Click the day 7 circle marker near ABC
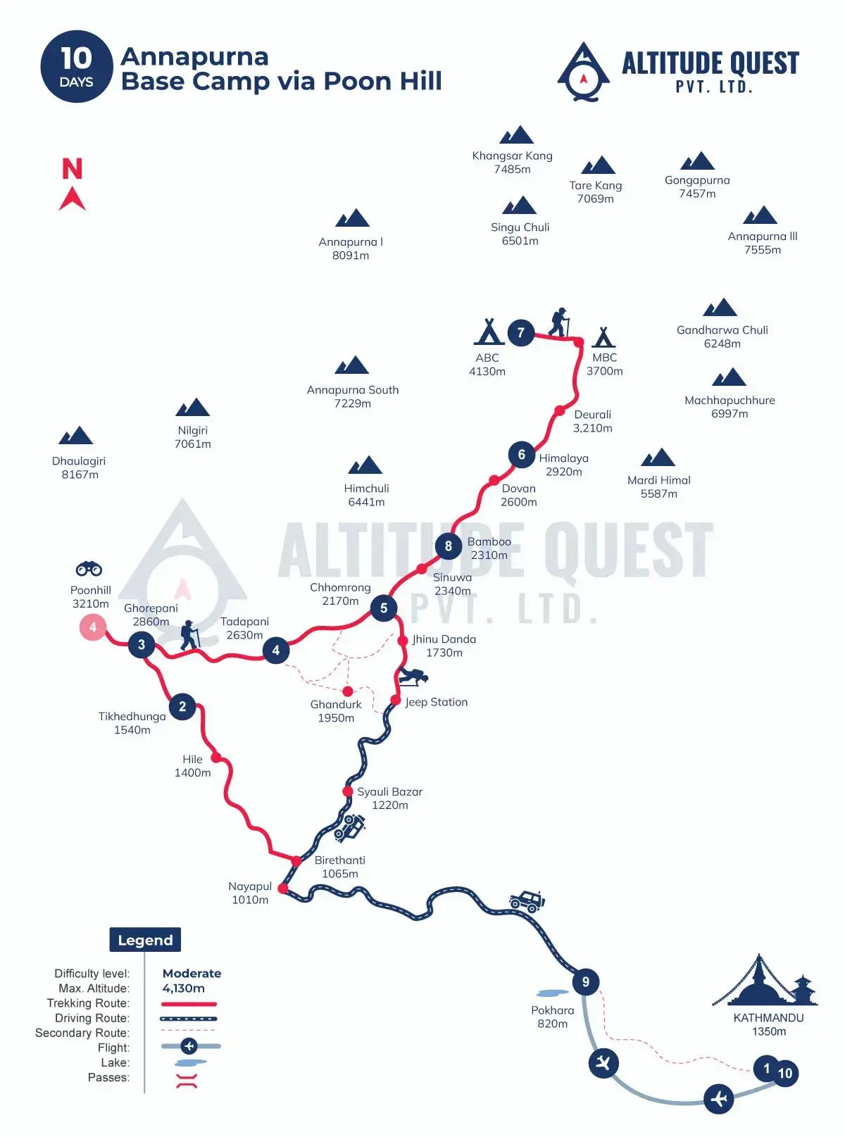[520, 332]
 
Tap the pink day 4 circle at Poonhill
[93, 627]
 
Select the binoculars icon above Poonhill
[89, 569]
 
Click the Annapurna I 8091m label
[351, 249]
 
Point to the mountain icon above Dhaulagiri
[76, 436]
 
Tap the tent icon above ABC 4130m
[488, 332]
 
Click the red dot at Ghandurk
[348, 691]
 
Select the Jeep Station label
[436, 702]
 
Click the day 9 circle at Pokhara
[585, 981]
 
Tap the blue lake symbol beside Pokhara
[553, 993]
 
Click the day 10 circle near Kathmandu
[785, 1074]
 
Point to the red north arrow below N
[72, 199]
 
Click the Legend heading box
[145, 940]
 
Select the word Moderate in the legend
[192, 973]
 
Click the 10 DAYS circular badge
[77, 67]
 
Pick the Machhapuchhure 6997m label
[730, 407]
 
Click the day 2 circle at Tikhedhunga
[182, 706]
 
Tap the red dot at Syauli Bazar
[348, 791]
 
